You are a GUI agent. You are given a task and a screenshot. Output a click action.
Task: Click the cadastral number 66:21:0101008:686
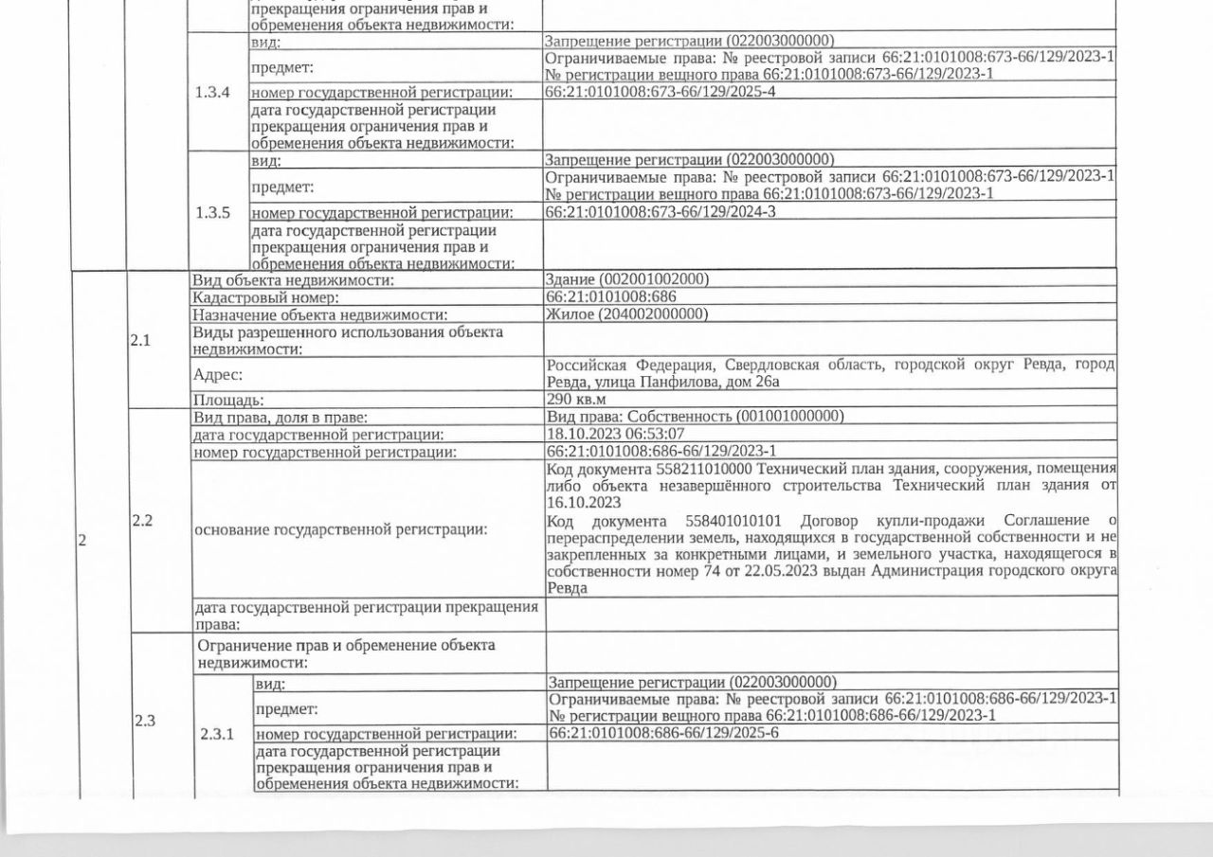pos(611,296)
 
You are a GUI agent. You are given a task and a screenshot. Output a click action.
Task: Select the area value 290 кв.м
pos(574,400)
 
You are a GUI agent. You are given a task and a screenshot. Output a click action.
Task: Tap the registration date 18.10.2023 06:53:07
pos(615,435)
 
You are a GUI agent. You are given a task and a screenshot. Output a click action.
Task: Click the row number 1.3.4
pos(212,93)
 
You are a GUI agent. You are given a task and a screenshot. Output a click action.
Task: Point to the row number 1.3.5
pos(212,212)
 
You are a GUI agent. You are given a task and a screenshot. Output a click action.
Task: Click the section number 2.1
pos(140,342)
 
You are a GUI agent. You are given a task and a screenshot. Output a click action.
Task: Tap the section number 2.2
pos(142,520)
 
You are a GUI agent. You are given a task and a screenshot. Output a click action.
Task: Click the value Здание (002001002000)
pos(626,279)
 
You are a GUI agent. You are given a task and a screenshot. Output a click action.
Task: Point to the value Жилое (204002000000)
pos(626,313)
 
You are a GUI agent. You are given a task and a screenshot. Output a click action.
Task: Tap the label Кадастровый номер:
pos(251,296)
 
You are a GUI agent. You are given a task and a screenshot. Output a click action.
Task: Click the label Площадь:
pos(228,401)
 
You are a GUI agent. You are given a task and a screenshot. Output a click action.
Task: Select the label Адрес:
pos(218,374)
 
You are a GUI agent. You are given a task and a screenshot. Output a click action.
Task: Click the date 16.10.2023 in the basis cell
pos(584,502)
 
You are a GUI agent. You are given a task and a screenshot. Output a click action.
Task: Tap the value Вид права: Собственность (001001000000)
pos(696,417)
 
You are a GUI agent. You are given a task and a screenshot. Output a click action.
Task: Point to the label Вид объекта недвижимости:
pos(293,279)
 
